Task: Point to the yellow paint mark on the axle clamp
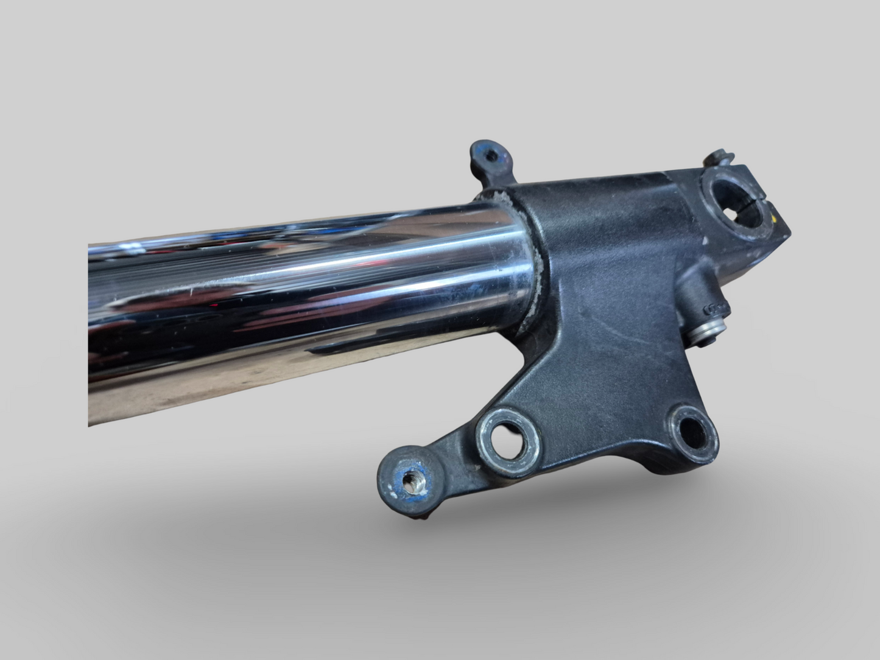click(775, 217)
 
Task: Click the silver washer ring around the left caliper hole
click(487, 451)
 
